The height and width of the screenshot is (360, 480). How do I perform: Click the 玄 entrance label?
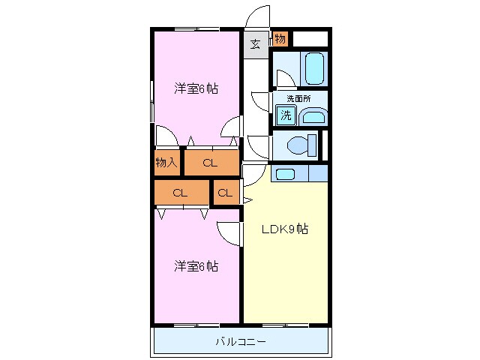(256, 44)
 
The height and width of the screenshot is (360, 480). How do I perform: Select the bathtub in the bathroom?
(314, 68)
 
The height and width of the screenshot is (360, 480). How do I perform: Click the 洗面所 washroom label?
(298, 98)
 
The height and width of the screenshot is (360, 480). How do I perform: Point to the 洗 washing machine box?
(286, 115)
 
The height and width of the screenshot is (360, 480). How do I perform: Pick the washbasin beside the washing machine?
(313, 116)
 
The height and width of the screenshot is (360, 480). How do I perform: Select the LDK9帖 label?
(284, 230)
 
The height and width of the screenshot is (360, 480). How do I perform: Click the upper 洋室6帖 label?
(196, 88)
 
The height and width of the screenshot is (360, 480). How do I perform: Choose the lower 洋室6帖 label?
(196, 266)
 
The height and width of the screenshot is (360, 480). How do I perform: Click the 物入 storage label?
(166, 162)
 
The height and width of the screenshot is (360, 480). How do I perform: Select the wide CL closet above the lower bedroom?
(181, 193)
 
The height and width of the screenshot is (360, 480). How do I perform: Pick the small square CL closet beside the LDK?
(225, 193)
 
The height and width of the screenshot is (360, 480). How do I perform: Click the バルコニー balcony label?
(241, 342)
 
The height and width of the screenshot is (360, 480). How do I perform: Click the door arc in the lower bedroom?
(228, 233)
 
